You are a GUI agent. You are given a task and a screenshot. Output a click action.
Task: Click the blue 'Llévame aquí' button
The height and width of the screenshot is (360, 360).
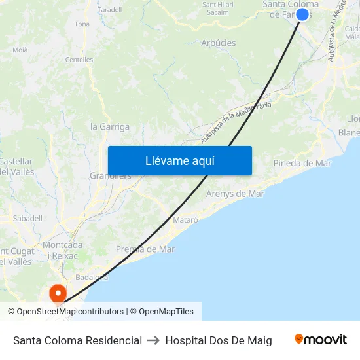coord(180,160)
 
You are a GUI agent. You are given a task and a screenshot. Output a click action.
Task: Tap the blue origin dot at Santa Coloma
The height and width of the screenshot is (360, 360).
coord(302,14)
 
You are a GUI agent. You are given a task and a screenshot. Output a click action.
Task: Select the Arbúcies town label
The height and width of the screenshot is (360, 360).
coord(218,43)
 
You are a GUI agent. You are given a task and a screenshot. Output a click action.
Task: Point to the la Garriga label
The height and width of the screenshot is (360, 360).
coord(110,126)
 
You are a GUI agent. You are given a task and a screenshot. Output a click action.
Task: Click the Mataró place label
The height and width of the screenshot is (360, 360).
coord(185,220)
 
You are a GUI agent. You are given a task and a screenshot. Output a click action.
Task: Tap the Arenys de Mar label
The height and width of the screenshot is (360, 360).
coord(235,194)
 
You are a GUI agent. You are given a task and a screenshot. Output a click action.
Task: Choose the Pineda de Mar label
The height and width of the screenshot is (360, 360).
coord(302,163)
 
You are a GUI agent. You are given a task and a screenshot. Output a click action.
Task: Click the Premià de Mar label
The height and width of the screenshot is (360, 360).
coord(145,249)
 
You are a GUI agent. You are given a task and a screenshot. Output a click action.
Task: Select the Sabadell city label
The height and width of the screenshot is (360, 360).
coord(27,218)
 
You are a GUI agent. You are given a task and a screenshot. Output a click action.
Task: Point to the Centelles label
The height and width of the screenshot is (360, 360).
coord(79,60)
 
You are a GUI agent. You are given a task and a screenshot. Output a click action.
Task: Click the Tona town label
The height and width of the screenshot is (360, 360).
coord(82,24)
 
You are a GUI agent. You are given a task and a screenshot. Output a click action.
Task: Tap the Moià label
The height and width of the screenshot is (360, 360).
coord(20,50)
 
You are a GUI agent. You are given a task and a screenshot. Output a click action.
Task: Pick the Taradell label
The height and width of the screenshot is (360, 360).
coord(110,10)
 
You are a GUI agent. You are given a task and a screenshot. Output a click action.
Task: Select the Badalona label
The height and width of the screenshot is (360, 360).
coord(92,277)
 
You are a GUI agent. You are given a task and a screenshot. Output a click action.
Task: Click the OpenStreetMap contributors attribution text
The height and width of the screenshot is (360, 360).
coord(70,312)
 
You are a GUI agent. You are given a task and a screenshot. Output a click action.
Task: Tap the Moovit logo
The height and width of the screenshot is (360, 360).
coord(320,340)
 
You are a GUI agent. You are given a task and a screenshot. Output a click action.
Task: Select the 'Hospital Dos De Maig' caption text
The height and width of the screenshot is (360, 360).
coord(219,340)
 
